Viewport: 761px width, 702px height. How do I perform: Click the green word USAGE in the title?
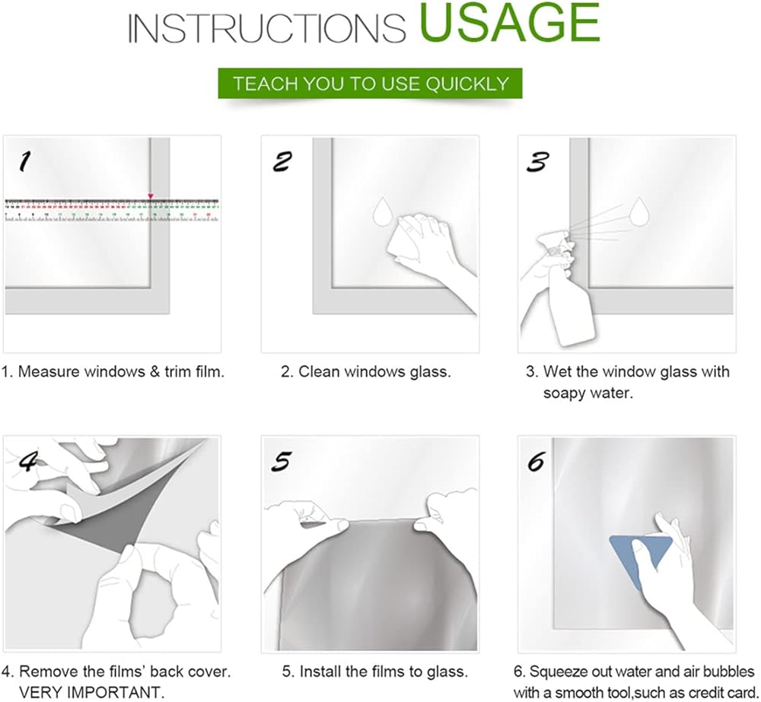click(x=510, y=23)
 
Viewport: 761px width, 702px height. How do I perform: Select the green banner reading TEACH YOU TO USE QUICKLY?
click(x=370, y=84)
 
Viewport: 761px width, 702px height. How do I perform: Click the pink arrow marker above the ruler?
click(x=151, y=196)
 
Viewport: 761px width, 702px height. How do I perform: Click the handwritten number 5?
click(x=282, y=461)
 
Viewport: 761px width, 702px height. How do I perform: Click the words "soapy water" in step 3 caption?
click(x=588, y=392)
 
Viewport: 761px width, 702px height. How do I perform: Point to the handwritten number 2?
click(x=282, y=161)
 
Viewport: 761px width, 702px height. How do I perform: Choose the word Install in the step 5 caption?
click(x=317, y=672)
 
